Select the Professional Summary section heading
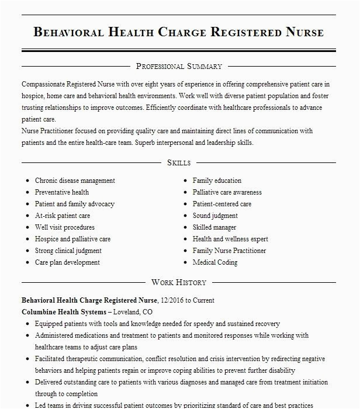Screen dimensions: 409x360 tap(179, 66)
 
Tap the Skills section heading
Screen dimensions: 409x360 tap(178, 162)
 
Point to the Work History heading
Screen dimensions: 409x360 tap(179, 282)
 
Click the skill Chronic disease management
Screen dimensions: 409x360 tap(75, 181)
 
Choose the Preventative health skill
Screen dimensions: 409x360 tap(62, 192)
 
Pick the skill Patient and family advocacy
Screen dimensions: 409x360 tap(75, 204)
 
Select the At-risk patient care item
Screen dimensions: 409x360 tap(63, 216)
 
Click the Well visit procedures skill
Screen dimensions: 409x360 tap(64, 227)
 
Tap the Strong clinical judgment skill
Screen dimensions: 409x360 tap(68, 251)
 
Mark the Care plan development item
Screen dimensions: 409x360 tap(67, 262)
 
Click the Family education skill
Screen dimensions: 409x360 tap(217, 181)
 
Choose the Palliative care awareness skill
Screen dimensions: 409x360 tap(227, 192)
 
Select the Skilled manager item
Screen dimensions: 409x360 tap(214, 227)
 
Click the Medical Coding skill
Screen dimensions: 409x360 tap(215, 262)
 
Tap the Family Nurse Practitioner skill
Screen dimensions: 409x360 tap(229, 251)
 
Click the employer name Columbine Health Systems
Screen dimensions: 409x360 tap(64, 311)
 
